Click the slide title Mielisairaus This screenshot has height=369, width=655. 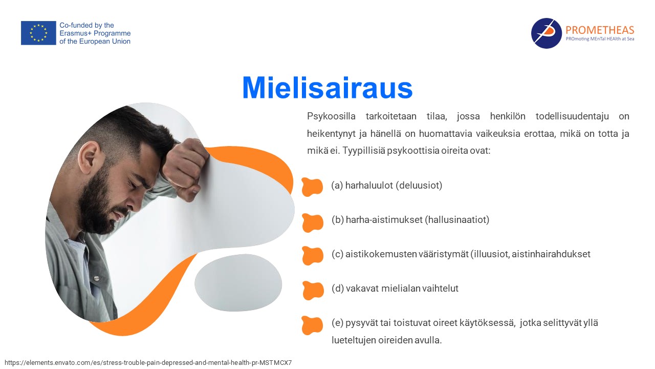pyautogui.click(x=327, y=88)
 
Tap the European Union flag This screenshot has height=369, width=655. pyautogui.click(x=38, y=33)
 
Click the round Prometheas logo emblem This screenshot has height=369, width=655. pyautogui.click(x=546, y=33)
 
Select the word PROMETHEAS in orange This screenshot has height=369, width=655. pyautogui.click(x=599, y=30)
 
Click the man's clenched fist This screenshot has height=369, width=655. pyautogui.click(x=185, y=169)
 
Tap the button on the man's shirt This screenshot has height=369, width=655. pyautogui.click(x=97, y=278)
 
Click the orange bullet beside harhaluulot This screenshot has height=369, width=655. pyautogui.click(x=312, y=187)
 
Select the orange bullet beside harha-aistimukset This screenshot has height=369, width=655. pyautogui.click(x=312, y=223)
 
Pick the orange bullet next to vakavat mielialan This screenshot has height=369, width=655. pyautogui.click(x=313, y=291)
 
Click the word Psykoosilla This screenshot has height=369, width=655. pyautogui.click(x=331, y=116)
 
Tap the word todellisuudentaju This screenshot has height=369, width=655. pyautogui.click(x=572, y=116)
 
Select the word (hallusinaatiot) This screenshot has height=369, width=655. pyautogui.click(x=457, y=220)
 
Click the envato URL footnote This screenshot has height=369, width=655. pyautogui.click(x=148, y=362)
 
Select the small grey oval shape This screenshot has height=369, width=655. pyautogui.click(x=238, y=282)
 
